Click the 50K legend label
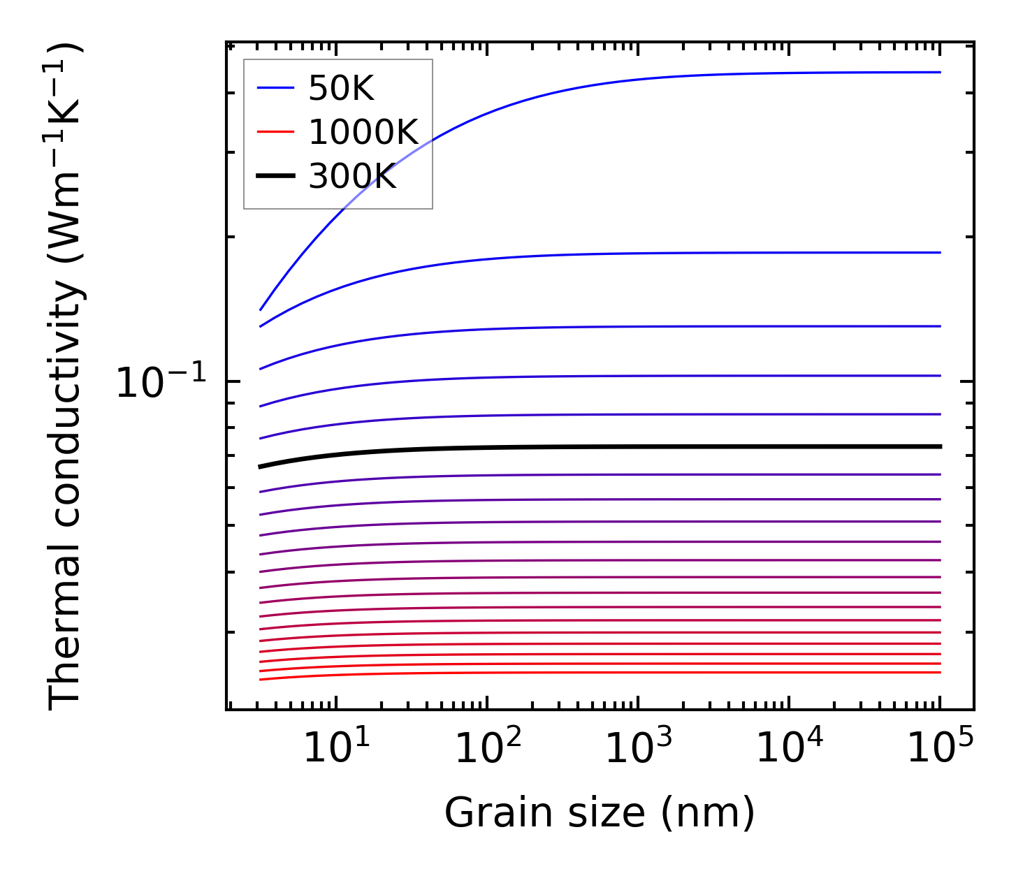tap(341, 89)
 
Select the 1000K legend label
tap(363, 133)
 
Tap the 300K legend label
tap(352, 177)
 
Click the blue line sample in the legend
tap(276, 88)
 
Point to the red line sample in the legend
tap(276, 132)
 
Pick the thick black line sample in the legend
tap(276, 176)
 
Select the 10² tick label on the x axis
tap(487, 749)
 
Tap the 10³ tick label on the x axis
tap(638, 749)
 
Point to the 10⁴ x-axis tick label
tap(790, 749)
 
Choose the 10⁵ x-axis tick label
tap(941, 749)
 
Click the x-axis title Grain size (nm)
tap(600, 813)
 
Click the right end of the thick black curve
tap(940, 446)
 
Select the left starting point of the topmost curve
tap(261, 309)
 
